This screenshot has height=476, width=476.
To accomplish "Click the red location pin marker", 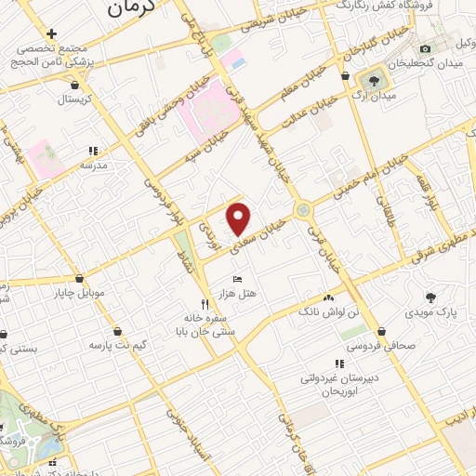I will [x=240, y=218].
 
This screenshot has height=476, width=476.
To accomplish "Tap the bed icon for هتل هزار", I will [x=237, y=279].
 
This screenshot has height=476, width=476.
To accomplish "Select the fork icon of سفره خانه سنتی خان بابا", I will [x=205, y=304].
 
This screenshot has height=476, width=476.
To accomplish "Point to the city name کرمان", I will [x=129, y=8].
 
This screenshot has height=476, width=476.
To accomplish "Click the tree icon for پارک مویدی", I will [x=430, y=297].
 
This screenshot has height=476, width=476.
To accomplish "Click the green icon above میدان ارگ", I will [x=375, y=80].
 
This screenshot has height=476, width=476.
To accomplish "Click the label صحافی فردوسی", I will [x=382, y=347].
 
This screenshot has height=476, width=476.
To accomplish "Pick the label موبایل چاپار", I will [x=80, y=293].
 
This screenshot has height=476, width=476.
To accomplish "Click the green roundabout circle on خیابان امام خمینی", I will [x=303, y=210].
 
